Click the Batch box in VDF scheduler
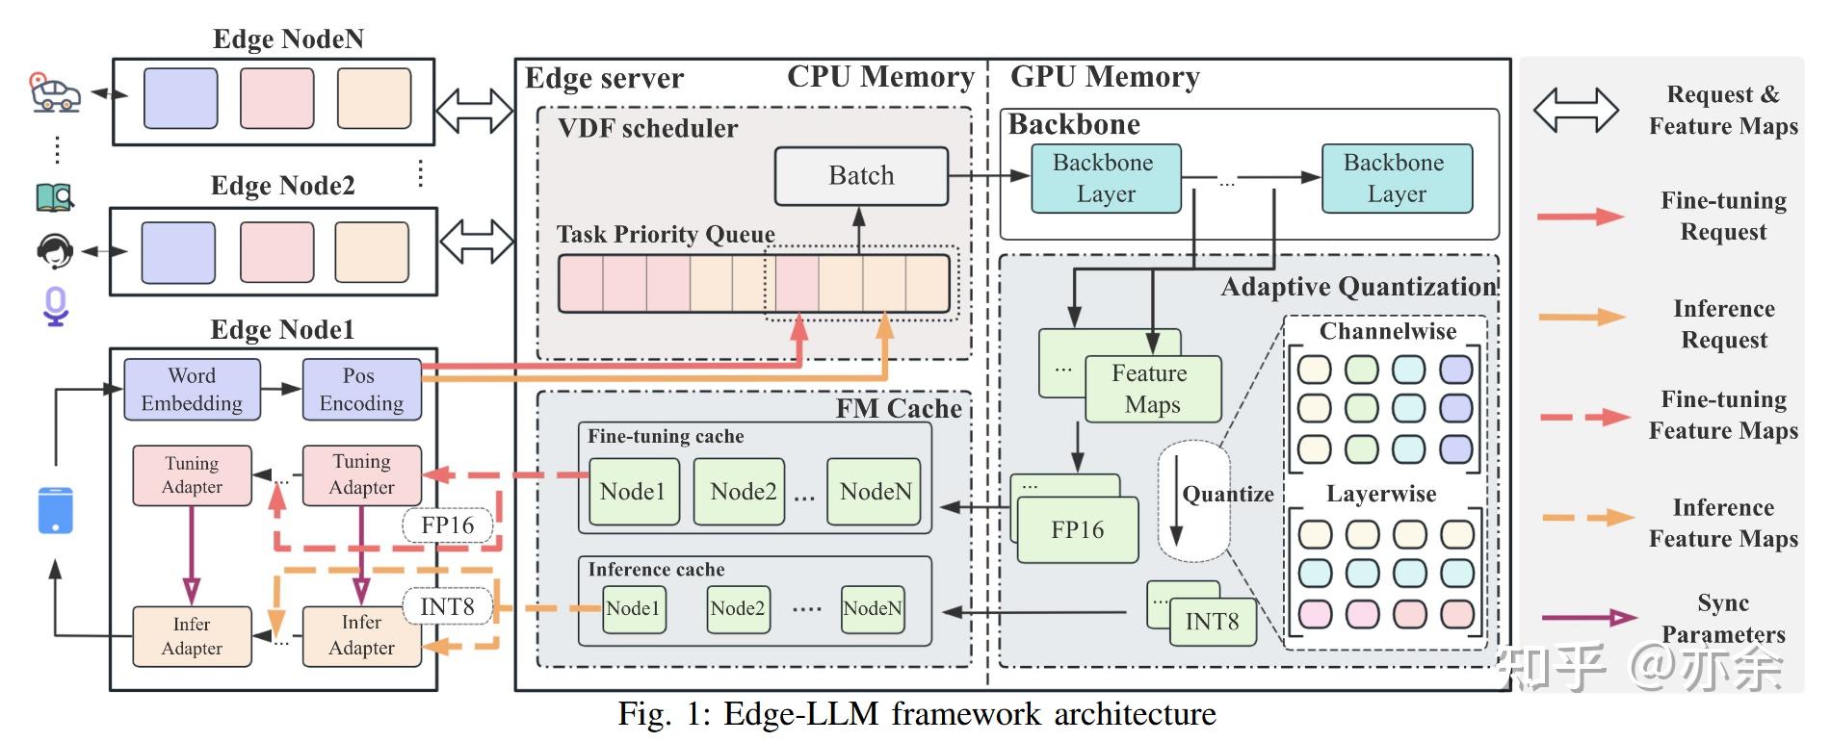(x=861, y=176)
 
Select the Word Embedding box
(x=192, y=390)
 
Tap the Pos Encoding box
(x=361, y=390)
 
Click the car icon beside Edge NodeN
(x=54, y=93)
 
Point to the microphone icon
(x=56, y=306)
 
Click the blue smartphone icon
(x=56, y=510)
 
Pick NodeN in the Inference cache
(x=872, y=609)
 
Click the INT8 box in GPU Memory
(x=1212, y=622)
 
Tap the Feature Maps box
(x=1152, y=389)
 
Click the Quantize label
(x=1227, y=495)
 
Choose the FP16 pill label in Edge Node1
(x=448, y=525)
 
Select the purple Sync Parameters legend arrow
(x=1588, y=618)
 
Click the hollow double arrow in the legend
(x=1576, y=110)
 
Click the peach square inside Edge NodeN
(x=374, y=98)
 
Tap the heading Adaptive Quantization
(x=1358, y=287)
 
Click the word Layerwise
(x=1381, y=495)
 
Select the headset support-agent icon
(x=55, y=251)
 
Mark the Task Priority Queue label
(x=666, y=235)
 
